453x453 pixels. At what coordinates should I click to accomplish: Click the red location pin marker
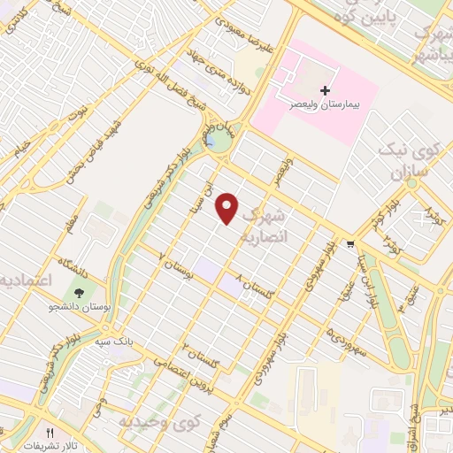228,208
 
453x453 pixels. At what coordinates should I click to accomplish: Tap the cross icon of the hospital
325,90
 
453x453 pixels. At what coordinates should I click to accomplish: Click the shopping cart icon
352,244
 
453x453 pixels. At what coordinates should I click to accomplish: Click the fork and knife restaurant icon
50,433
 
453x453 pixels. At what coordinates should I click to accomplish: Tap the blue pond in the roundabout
211,140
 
